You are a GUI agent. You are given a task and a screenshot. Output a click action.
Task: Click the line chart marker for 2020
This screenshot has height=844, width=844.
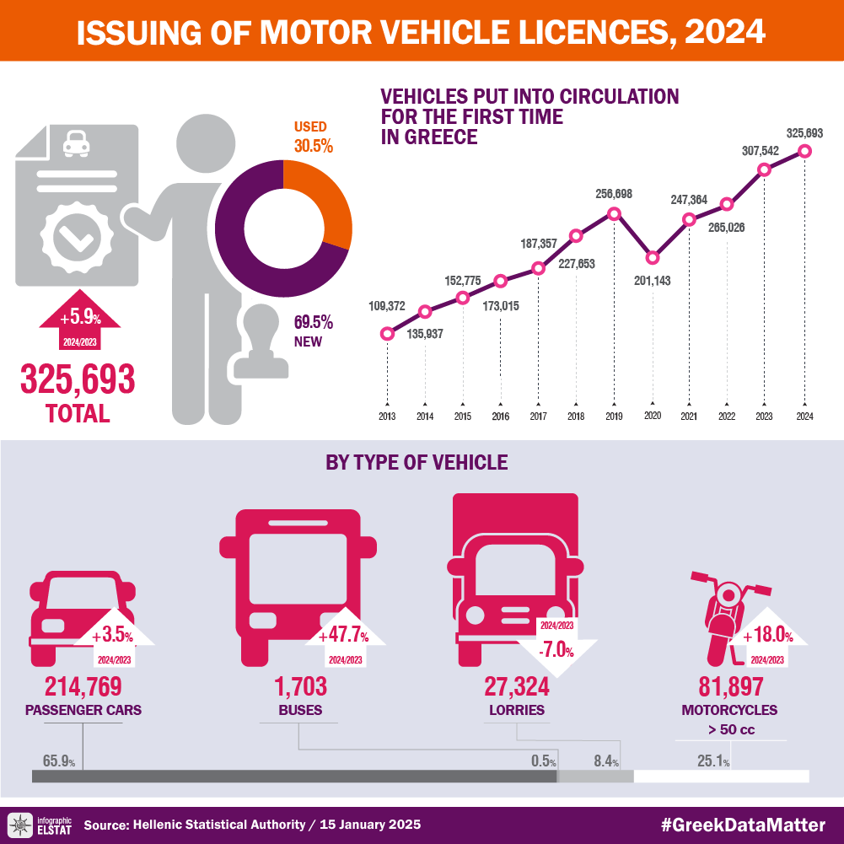click(652, 257)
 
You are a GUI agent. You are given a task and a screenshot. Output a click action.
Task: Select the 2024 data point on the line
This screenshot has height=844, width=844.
click(804, 151)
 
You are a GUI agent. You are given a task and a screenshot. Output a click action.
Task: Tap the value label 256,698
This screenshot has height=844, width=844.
click(614, 194)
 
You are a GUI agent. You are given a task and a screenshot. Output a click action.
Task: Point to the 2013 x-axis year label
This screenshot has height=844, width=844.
click(387, 417)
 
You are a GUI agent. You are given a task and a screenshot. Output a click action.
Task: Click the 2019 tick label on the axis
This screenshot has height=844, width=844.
click(614, 417)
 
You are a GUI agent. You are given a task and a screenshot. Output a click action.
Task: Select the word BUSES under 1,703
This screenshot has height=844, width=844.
click(300, 709)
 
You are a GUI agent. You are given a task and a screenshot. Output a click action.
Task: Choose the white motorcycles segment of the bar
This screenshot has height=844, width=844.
click(721, 776)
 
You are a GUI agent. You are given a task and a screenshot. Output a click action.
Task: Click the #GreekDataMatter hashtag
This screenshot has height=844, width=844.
click(743, 825)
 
